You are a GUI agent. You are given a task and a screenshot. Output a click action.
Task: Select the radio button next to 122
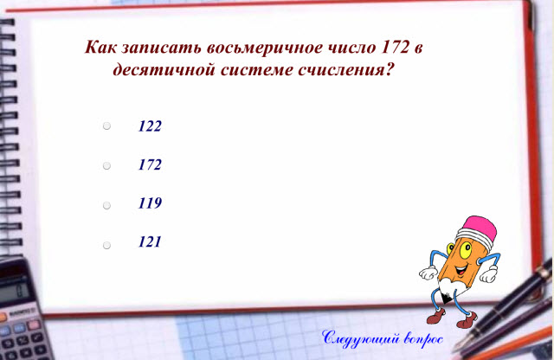click(106, 126)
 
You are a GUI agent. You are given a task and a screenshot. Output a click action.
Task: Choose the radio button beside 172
click(106, 165)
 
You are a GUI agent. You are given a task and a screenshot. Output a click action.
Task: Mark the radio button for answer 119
click(106, 206)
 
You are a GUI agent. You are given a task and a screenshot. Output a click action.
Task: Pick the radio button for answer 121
click(106, 245)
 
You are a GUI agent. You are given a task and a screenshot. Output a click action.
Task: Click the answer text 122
click(150, 125)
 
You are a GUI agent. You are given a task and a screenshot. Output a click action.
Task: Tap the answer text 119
click(150, 204)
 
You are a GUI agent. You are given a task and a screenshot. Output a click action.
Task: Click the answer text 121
click(150, 243)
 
